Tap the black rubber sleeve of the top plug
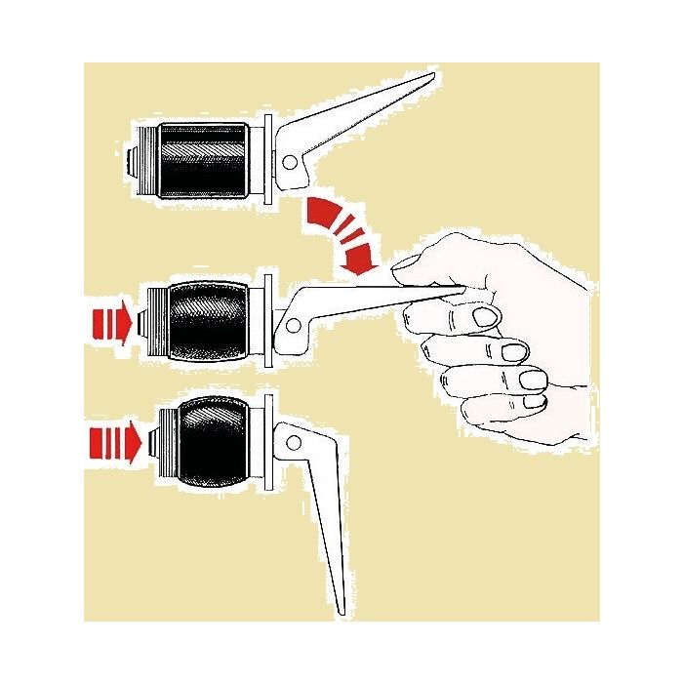coord(204,160)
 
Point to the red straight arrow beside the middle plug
coord(110,323)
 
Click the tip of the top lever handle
coord(430,77)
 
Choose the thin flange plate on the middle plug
coord(266,323)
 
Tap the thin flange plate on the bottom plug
coord(265,445)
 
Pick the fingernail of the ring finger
coord(533,378)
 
